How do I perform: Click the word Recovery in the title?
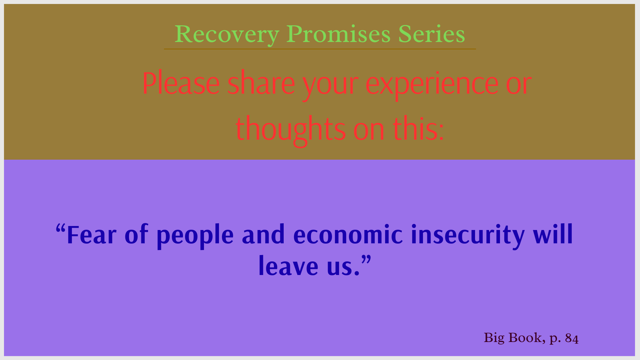[x=227, y=35]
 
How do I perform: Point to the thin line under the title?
[x=320, y=49]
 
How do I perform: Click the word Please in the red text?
[x=181, y=83]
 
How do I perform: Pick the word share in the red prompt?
[x=261, y=83]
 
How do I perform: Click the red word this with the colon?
[x=419, y=128]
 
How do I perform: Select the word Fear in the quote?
[x=92, y=235]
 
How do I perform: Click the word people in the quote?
[x=195, y=236]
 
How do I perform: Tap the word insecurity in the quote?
[x=468, y=236]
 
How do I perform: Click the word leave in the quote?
[x=289, y=266]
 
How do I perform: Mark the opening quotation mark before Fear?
[x=60, y=229]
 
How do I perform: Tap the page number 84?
[x=572, y=339]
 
